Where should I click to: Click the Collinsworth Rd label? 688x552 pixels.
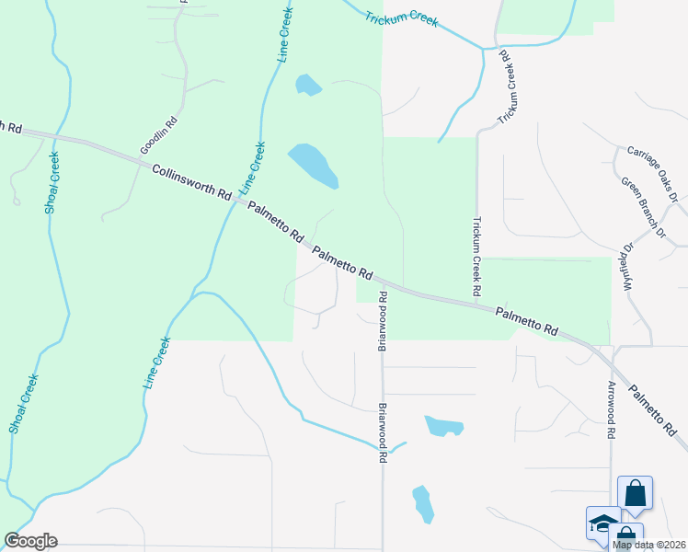[191, 181]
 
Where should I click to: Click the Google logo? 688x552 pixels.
[30, 541]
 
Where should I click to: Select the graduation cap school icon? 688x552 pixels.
[603, 523]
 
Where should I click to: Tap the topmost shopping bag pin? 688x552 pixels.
[635, 493]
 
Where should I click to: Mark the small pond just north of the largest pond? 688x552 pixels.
[308, 86]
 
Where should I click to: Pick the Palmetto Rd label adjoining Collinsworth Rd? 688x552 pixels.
[274, 223]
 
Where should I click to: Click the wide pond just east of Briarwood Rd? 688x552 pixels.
[443, 426]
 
